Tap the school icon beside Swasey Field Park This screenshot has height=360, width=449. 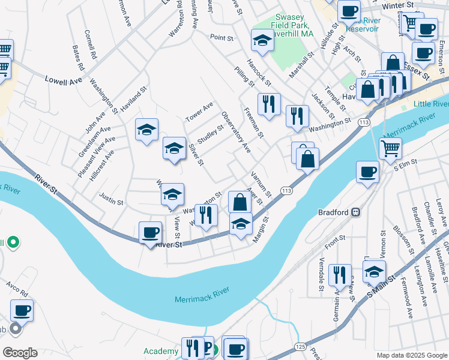coord(262,41)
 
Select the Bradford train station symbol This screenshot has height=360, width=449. coord(355,212)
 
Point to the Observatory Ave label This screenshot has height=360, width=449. coord(236,132)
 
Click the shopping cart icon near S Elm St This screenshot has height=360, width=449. coord(390,147)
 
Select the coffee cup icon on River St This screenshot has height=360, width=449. coord(150,232)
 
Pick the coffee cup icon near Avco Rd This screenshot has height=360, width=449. coord(22,311)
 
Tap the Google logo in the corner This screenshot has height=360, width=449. coord(19,352)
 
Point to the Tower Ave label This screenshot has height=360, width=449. coord(199,112)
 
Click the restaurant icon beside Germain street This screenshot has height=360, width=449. coord(340,275)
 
